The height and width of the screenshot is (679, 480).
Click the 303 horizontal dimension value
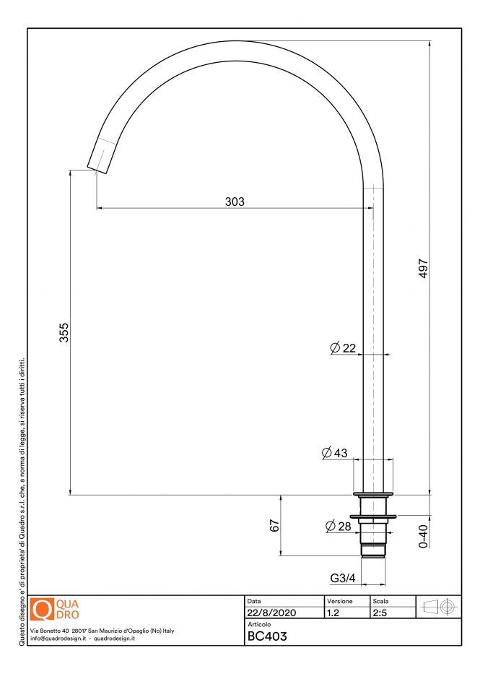pyautogui.click(x=235, y=202)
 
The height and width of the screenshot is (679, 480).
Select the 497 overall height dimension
pyautogui.click(x=424, y=268)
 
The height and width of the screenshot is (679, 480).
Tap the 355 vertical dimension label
pyautogui.click(x=64, y=332)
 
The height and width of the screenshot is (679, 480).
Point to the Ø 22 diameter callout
pyautogui.click(x=343, y=348)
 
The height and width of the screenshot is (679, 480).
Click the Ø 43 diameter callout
pyautogui.click(x=335, y=453)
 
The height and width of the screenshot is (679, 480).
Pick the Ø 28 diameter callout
pyautogui.click(x=339, y=526)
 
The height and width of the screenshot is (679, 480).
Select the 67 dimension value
pyautogui.click(x=274, y=526)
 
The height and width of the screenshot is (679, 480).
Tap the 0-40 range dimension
pyautogui.click(x=424, y=537)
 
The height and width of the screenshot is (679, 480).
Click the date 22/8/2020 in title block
pyautogui.click(x=271, y=613)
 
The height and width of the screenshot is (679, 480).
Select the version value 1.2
pyautogui.click(x=333, y=613)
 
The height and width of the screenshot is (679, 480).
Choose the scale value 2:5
pyautogui.click(x=380, y=613)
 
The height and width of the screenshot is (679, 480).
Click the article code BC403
pyautogui.click(x=267, y=636)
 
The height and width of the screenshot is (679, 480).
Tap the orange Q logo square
pyautogui.click(x=42, y=609)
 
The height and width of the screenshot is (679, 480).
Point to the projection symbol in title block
pyautogui.click(x=438, y=607)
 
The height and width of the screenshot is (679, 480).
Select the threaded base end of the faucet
pyautogui.click(x=373, y=551)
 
